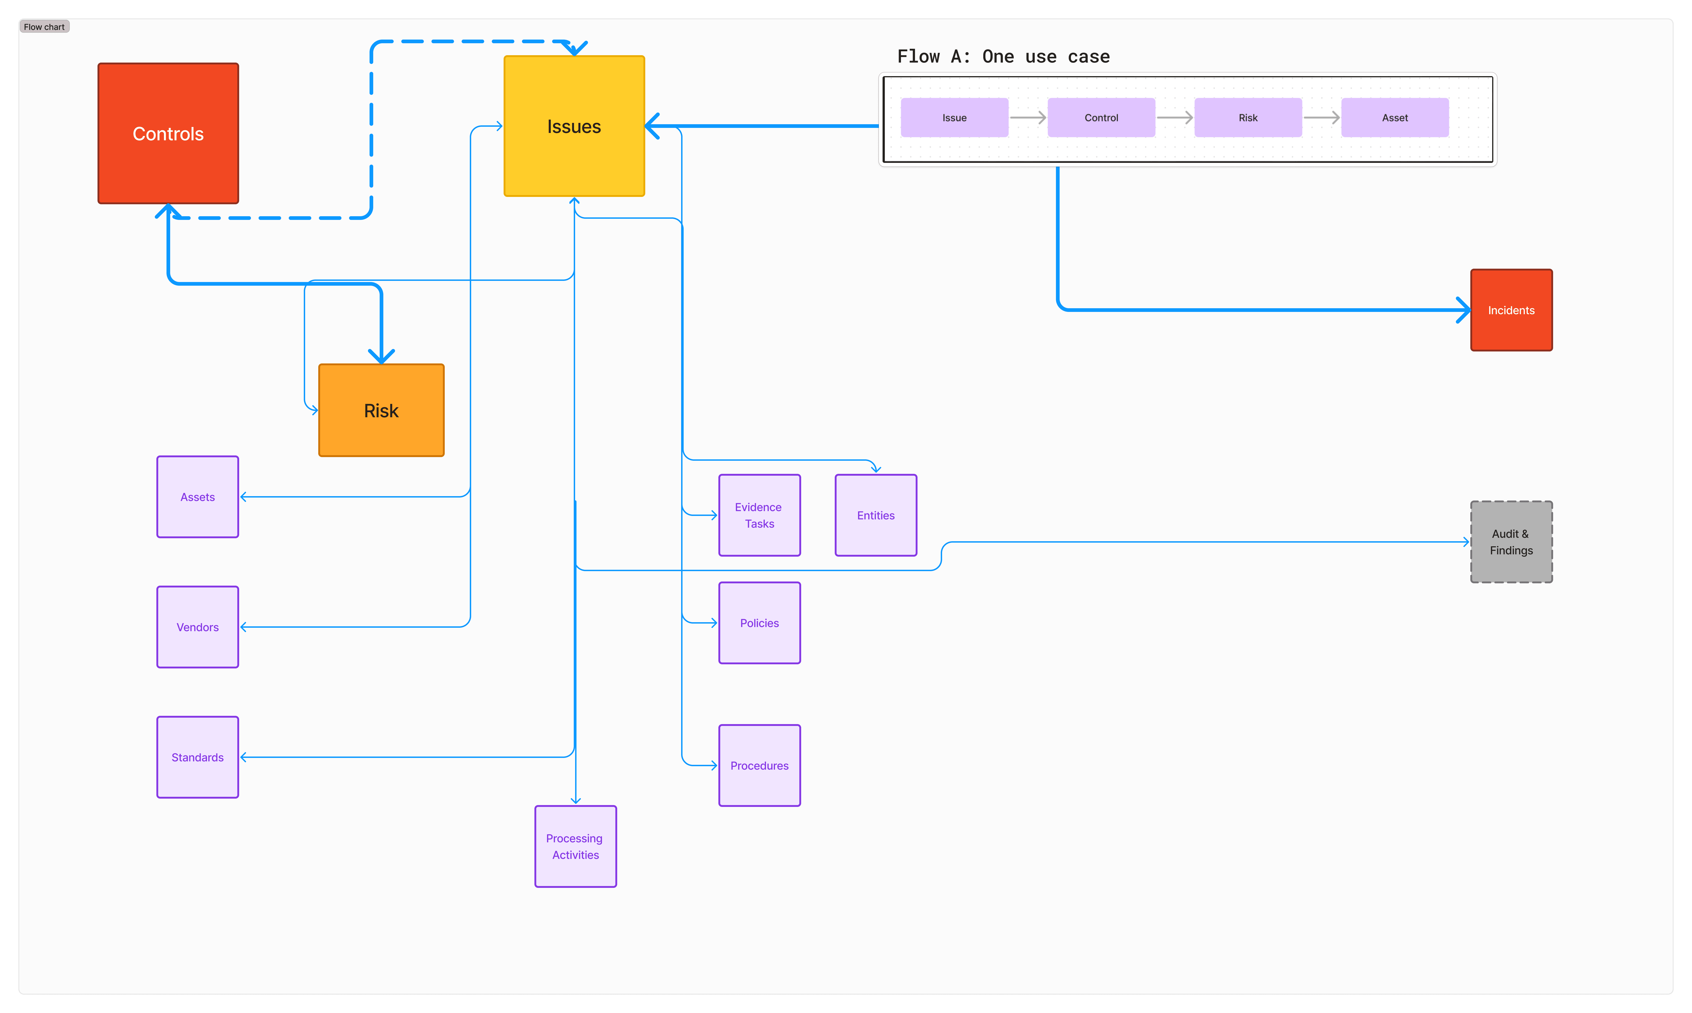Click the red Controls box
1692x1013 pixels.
[x=168, y=134]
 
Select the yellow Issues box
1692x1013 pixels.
[x=574, y=126]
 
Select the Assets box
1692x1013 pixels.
[x=197, y=497]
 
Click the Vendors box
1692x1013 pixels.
[x=197, y=627]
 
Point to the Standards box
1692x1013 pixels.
[x=197, y=757]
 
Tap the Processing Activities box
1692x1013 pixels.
[x=575, y=846]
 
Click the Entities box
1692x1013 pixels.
[x=875, y=515]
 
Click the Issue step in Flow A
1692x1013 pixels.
[x=954, y=117]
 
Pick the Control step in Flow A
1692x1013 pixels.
[x=1101, y=117]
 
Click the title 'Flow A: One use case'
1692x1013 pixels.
[x=1003, y=57]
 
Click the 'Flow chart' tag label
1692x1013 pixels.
[x=44, y=27]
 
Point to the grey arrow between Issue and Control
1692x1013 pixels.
[x=1027, y=117]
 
